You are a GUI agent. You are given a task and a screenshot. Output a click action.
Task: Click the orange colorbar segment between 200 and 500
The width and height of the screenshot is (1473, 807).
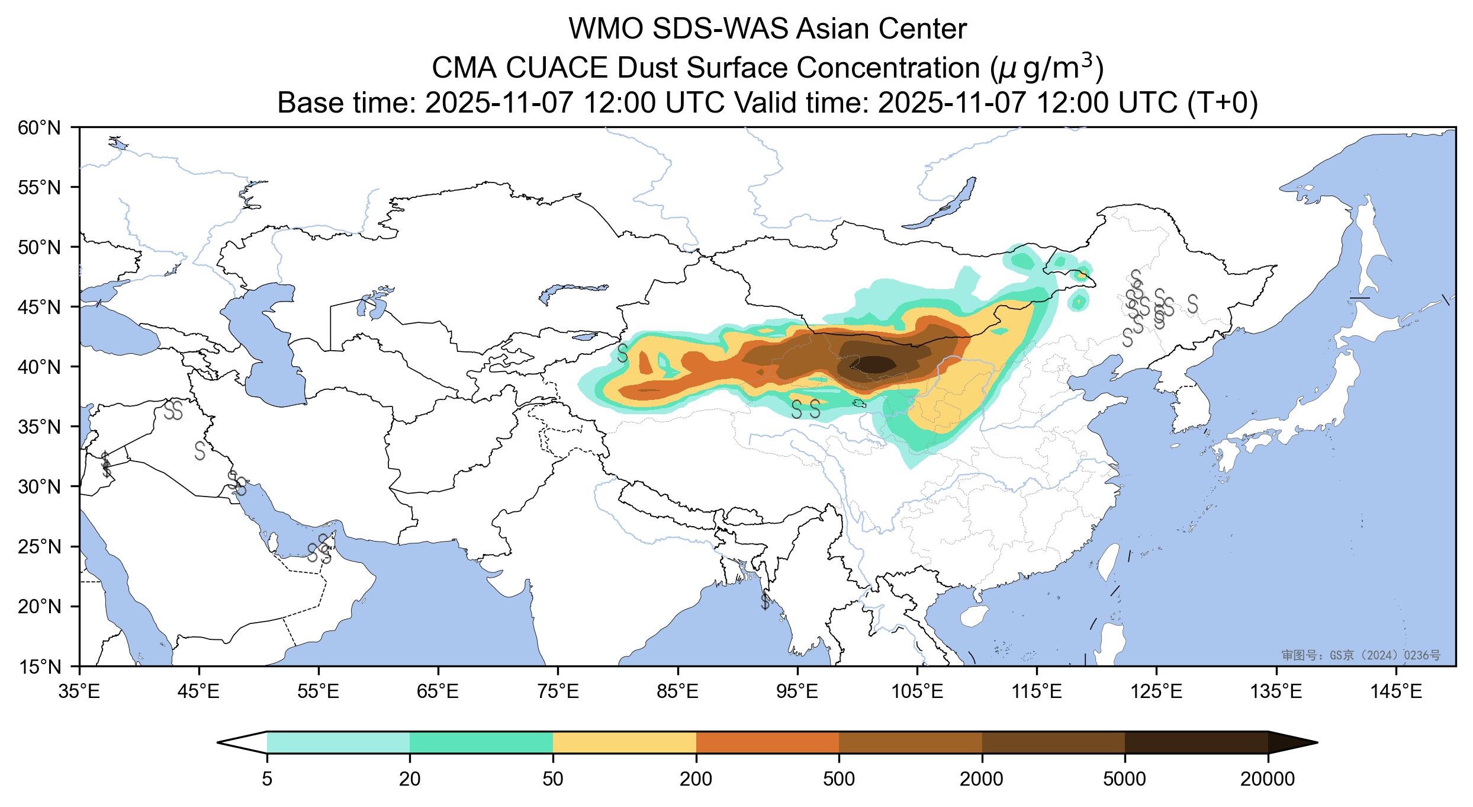click(x=767, y=742)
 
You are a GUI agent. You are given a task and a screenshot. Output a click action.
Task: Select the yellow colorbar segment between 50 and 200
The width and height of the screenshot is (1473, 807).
click(x=624, y=742)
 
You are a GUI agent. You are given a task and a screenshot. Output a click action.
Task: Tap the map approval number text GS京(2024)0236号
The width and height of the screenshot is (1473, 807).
click(x=1361, y=655)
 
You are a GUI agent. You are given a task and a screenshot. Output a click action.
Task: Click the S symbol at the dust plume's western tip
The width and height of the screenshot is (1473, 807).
click(x=622, y=353)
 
